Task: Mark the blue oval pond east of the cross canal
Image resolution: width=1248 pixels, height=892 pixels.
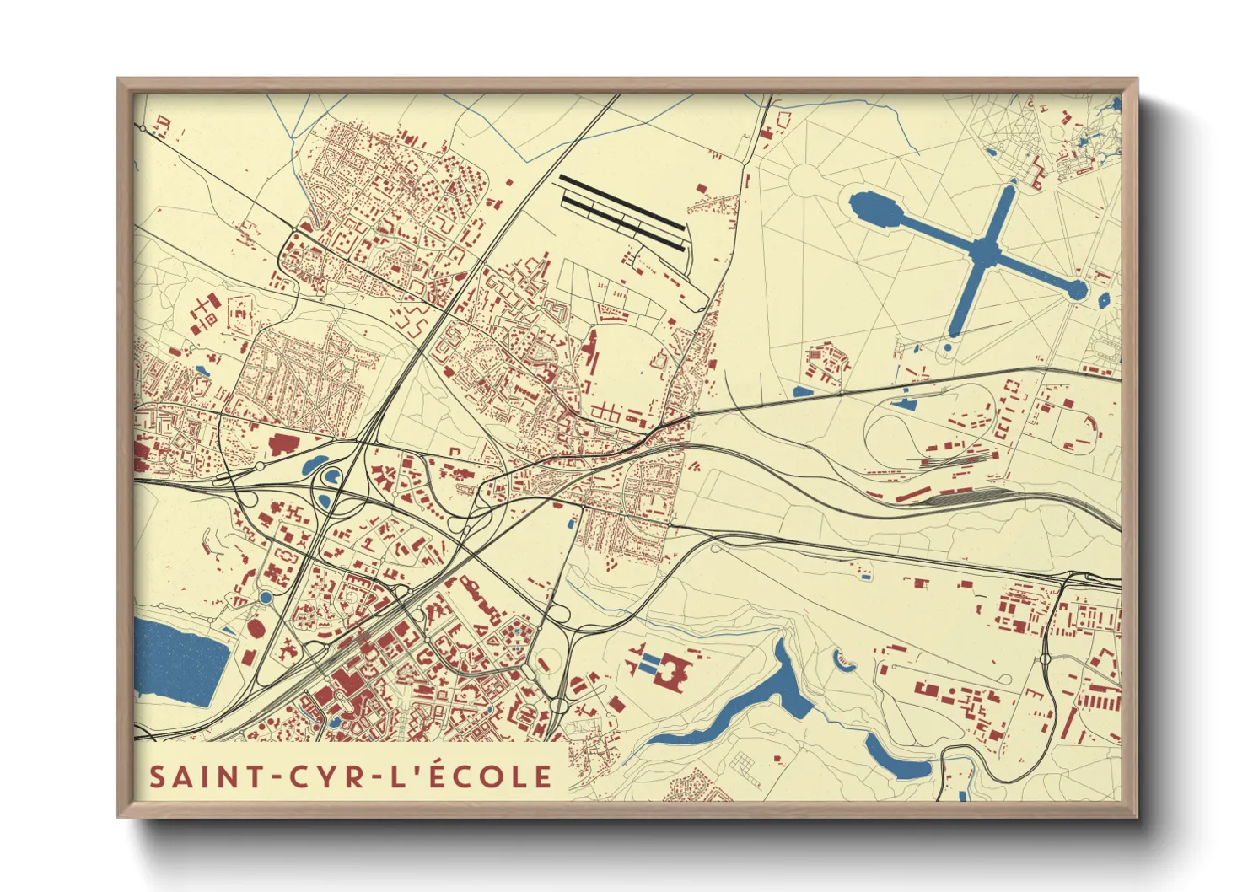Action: pos(1104,298)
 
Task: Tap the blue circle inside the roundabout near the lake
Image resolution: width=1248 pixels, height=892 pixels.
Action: pos(266,598)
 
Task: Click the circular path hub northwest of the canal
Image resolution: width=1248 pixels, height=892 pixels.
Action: pos(804,179)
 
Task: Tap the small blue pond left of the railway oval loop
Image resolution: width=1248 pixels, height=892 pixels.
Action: pos(804,391)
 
